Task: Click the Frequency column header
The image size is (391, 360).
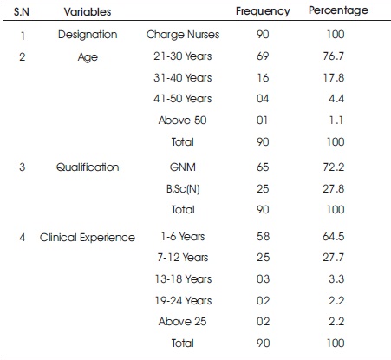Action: pyautogui.click(x=263, y=11)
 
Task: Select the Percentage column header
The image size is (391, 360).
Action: pyautogui.click(x=338, y=10)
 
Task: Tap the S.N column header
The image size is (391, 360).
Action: pyautogui.click(x=22, y=12)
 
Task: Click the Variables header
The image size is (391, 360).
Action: pyautogui.click(x=88, y=12)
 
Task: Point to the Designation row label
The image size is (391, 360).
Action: pyautogui.click(x=88, y=35)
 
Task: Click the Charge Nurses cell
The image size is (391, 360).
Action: pyautogui.click(x=183, y=35)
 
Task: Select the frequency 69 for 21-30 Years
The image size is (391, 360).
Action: pyautogui.click(x=263, y=56)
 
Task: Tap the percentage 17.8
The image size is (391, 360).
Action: pyautogui.click(x=334, y=77)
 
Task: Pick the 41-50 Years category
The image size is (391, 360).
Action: pyautogui.click(x=183, y=99)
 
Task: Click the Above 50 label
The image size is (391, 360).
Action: pyautogui.click(x=183, y=120)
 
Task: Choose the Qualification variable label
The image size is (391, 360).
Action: pyautogui.click(x=88, y=167)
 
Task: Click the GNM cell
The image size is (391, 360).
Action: pyautogui.click(x=183, y=167)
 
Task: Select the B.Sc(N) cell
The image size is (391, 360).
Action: pyautogui.click(x=183, y=189)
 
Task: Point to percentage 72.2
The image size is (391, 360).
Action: pyautogui.click(x=334, y=167)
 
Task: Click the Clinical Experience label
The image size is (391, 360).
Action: pyautogui.click(x=88, y=238)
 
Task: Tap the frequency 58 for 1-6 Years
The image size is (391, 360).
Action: pyautogui.click(x=263, y=237)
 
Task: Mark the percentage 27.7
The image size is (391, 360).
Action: pyautogui.click(x=334, y=258)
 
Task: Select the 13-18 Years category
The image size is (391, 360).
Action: pyautogui.click(x=183, y=279)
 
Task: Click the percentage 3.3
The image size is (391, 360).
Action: pyautogui.click(x=336, y=279)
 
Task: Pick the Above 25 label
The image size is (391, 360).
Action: pyautogui.click(x=183, y=322)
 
